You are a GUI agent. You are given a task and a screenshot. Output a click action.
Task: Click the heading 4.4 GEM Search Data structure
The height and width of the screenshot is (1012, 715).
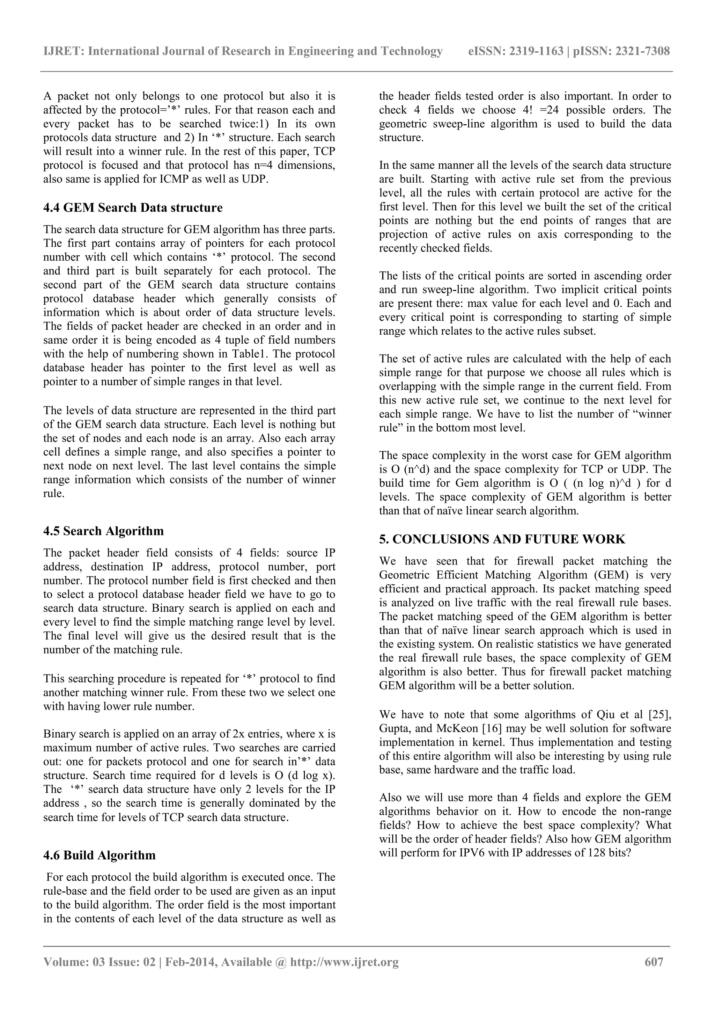pos(133,208)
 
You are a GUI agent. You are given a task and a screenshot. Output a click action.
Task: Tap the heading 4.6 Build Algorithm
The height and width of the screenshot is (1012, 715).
pos(99,855)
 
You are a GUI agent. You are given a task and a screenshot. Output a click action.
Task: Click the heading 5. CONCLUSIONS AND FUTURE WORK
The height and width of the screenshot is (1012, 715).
pos(502,539)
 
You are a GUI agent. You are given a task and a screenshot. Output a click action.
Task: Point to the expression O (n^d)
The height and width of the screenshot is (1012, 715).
pos(404,469)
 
